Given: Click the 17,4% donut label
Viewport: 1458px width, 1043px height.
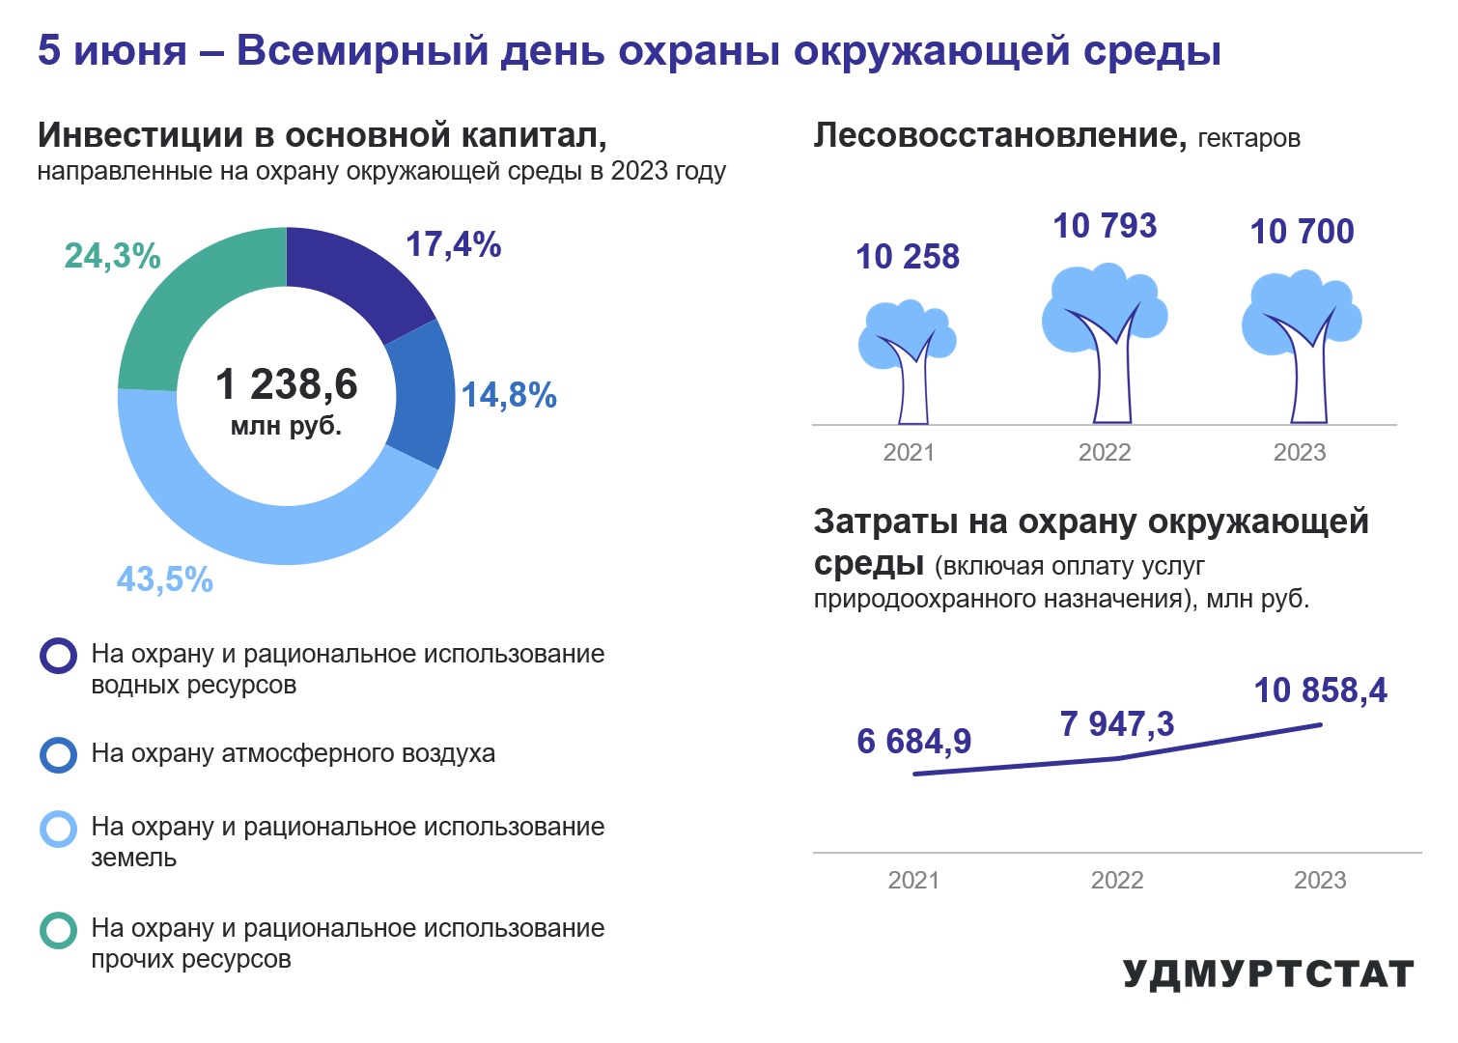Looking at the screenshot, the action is tap(453, 244).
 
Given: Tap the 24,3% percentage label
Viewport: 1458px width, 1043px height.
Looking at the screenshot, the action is tap(112, 256).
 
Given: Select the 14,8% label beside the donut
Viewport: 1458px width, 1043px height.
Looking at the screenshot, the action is tap(509, 395).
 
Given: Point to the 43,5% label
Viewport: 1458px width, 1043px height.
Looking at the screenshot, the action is tap(165, 578).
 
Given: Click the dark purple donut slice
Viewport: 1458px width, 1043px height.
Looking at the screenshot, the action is tap(351, 280).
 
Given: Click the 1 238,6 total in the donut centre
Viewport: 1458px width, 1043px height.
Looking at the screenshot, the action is tap(287, 383).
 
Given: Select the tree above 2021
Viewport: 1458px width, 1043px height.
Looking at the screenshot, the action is tap(908, 362).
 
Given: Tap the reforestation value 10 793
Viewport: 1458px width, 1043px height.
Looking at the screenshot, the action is tap(1105, 226).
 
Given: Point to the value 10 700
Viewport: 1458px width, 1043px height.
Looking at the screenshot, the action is tap(1302, 232).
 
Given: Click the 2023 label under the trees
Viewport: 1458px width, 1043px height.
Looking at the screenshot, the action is tap(1300, 453).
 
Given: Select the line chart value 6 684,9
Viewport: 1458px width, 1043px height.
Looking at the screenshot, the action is tap(913, 741).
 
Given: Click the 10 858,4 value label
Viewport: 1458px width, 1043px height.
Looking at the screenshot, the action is tap(1321, 691).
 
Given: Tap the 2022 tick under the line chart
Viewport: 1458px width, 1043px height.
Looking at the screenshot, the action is tap(1117, 880).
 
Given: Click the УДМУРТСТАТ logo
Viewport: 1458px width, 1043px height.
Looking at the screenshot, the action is tap(1268, 974).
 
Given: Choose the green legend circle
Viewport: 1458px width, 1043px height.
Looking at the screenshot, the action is tap(59, 930).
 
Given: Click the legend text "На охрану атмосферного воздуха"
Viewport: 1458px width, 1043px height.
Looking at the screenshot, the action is tap(293, 753).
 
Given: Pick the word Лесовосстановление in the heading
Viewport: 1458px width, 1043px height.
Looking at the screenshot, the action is tap(999, 135).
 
